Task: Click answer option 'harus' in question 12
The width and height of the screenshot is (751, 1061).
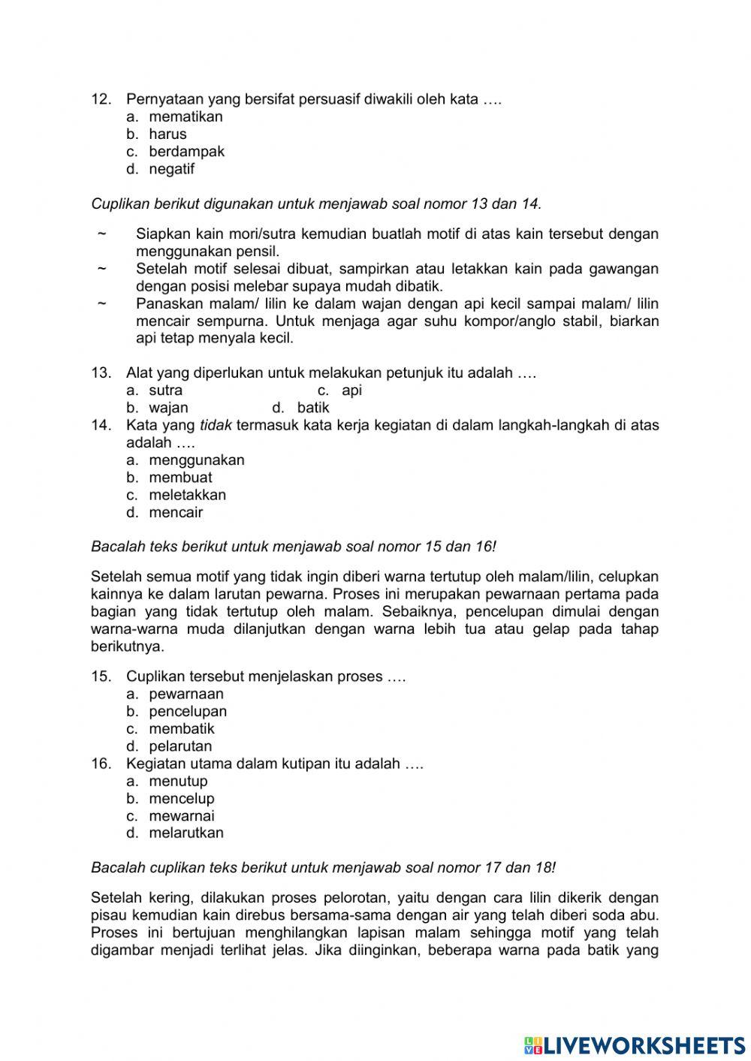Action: click(167, 134)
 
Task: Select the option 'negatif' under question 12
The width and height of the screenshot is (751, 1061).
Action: click(171, 169)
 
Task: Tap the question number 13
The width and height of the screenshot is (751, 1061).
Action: click(101, 373)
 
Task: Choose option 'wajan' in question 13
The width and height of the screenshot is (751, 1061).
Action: click(168, 408)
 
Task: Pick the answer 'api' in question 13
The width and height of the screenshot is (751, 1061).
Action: click(351, 390)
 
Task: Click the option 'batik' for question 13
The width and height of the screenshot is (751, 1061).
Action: click(313, 408)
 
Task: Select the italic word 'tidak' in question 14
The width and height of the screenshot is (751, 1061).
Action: click(216, 426)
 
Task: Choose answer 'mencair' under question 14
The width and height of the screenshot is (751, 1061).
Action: click(176, 513)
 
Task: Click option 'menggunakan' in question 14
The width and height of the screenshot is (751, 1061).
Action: click(196, 460)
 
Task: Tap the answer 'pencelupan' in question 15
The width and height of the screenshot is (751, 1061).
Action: click(188, 711)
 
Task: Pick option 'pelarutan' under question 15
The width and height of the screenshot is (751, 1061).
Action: click(180, 746)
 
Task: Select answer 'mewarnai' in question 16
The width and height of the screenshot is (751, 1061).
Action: click(181, 816)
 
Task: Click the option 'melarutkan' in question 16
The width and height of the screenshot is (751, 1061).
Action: click(186, 833)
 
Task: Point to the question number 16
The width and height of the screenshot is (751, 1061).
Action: click(101, 764)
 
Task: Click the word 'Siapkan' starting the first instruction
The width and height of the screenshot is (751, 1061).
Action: click(159, 234)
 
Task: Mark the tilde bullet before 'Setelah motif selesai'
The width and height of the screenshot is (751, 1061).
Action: click(101, 269)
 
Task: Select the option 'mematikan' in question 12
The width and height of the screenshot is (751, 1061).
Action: click(185, 117)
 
